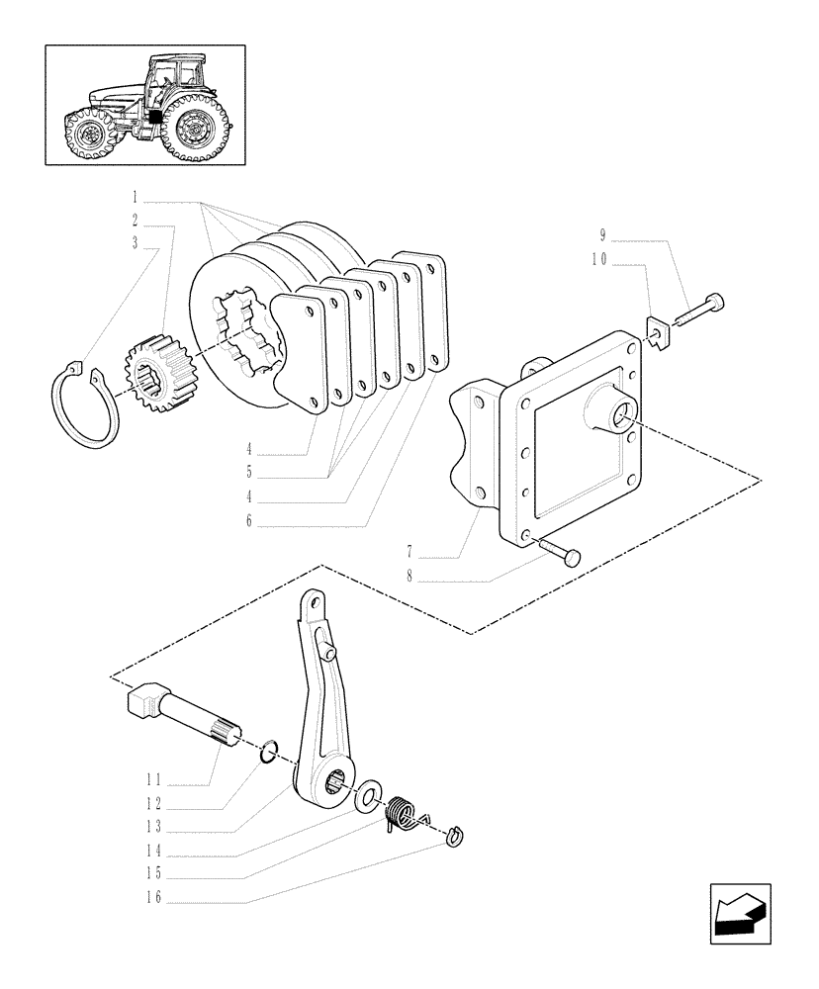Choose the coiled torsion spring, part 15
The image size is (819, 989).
click(401, 813)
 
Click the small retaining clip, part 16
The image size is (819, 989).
click(455, 837)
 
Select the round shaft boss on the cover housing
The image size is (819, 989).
click(614, 408)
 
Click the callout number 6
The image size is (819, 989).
click(248, 520)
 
